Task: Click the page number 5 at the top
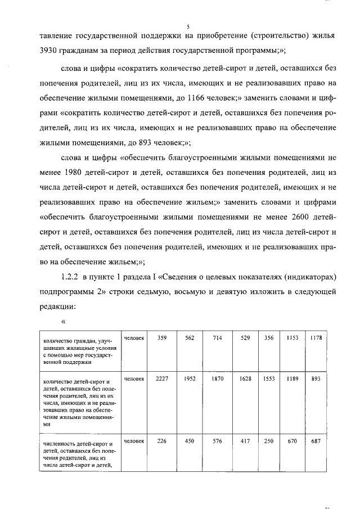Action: tap(188, 26)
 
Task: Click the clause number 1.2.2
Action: tap(70, 277)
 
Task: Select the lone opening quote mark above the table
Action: tap(64, 323)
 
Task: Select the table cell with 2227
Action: tap(162, 380)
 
